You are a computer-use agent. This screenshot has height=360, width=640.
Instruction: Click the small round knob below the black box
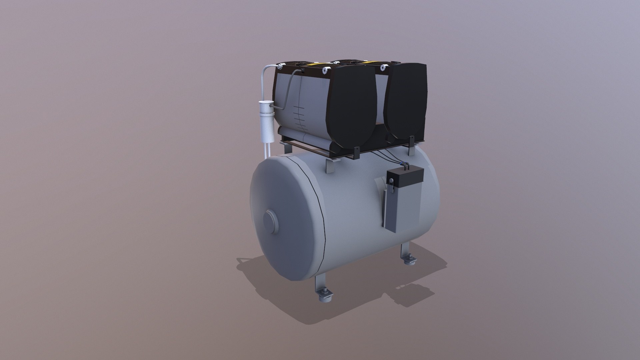pyautogui.click(x=391, y=181)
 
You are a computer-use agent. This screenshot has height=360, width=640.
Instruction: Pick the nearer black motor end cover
pyautogui.click(x=352, y=110)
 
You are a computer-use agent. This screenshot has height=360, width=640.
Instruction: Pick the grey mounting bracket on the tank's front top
pyautogui.click(x=329, y=165)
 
